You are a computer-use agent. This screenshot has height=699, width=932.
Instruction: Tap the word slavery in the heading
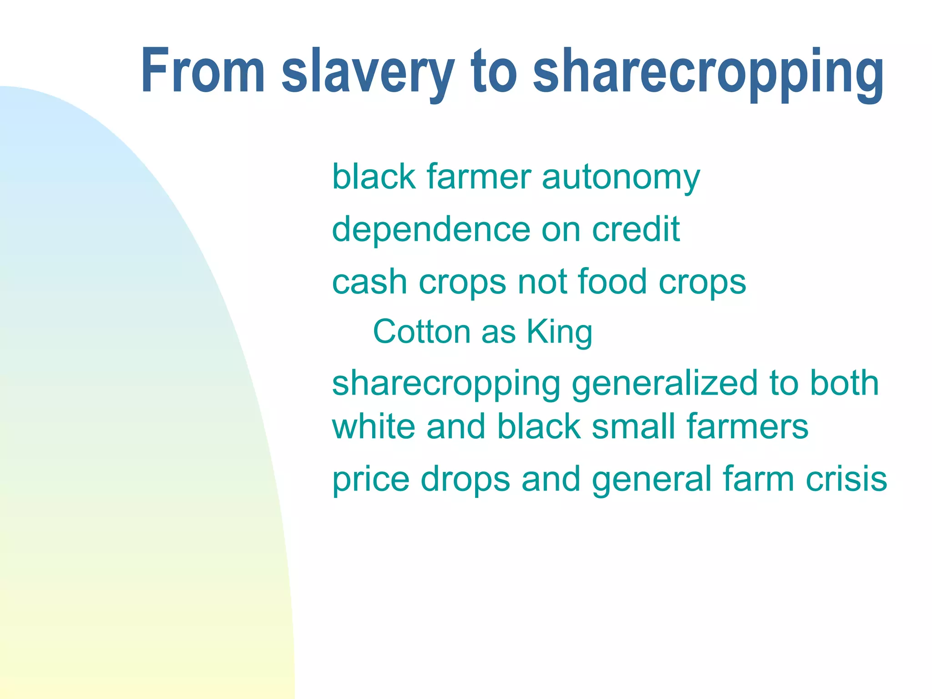(368, 73)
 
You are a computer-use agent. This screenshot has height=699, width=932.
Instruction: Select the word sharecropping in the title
(708, 73)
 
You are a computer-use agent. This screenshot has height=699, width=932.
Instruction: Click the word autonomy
(621, 177)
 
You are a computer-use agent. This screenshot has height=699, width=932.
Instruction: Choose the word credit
(636, 229)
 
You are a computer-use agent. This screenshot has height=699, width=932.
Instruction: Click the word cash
(370, 282)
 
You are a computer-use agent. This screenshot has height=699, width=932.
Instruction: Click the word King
(559, 332)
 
